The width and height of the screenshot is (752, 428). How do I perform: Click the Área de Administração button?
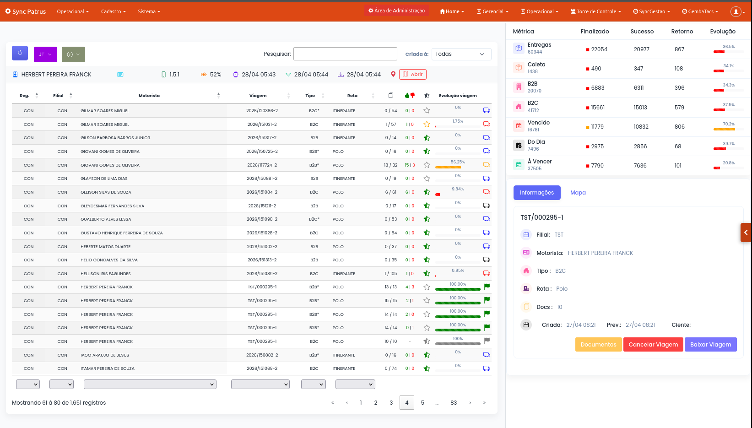click(396, 11)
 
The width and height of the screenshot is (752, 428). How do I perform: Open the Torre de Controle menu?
click(595, 11)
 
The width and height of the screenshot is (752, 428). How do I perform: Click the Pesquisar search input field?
click(345, 54)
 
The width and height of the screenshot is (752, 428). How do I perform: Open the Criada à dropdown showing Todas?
click(461, 54)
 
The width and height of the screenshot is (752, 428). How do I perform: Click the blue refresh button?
click(20, 54)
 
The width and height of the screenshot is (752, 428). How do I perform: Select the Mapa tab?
click(578, 193)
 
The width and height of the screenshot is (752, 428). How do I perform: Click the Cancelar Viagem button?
click(653, 344)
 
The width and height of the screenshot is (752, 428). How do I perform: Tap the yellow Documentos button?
click(598, 344)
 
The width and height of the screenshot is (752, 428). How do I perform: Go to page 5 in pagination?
click(422, 402)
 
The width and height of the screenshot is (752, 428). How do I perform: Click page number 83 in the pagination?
click(454, 402)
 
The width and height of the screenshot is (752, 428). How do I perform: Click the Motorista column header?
click(149, 96)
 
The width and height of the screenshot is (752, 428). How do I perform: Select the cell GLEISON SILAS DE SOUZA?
click(106, 192)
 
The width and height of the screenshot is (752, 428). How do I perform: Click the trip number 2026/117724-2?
click(262, 165)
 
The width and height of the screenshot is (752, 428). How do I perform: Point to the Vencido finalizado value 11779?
click(597, 127)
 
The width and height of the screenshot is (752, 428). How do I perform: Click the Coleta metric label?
click(536, 65)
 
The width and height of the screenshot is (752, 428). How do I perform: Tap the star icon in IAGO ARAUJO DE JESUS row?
click(427, 355)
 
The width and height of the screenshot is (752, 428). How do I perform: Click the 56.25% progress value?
click(458, 162)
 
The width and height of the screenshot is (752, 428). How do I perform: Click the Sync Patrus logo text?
click(29, 11)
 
